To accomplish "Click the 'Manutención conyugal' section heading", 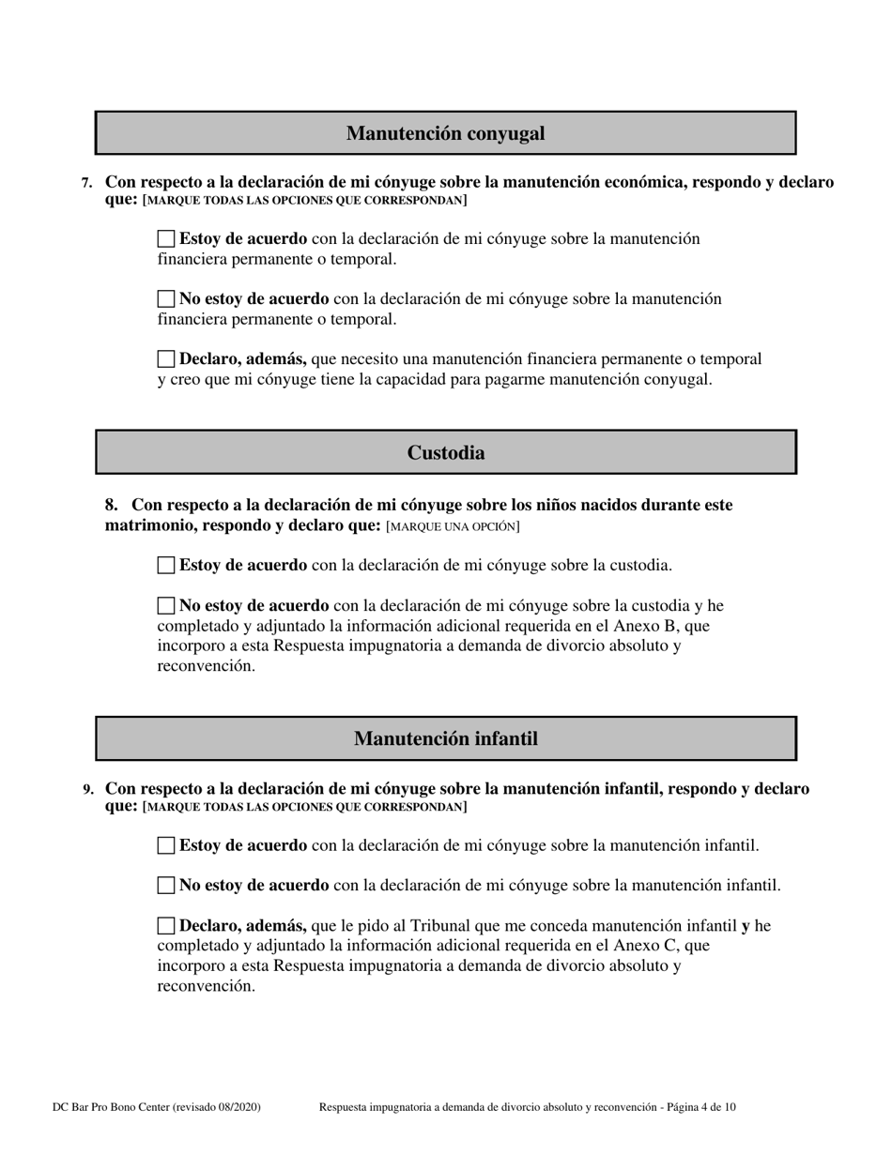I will tap(445, 133).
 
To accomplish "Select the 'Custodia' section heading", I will tap(446, 453).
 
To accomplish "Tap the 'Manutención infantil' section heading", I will tap(446, 739).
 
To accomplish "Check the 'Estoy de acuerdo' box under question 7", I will tap(166, 239).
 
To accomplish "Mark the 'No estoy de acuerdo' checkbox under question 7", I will tap(166, 299).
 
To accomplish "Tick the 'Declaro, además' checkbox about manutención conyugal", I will tap(166, 358).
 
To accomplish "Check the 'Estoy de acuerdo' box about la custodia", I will tap(166, 565).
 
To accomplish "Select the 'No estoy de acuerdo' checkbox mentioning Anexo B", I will tap(166, 606).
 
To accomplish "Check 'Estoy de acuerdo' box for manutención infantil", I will tap(166, 845).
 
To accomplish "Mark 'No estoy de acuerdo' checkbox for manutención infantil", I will tap(166, 885).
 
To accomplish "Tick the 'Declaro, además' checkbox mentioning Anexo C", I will tap(166, 926).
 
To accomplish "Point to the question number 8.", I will tap(111, 506).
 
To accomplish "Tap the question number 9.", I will tap(87, 790).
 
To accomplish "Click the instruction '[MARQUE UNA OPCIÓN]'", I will tap(453, 527).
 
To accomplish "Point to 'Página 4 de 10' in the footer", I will tap(700, 1107).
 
